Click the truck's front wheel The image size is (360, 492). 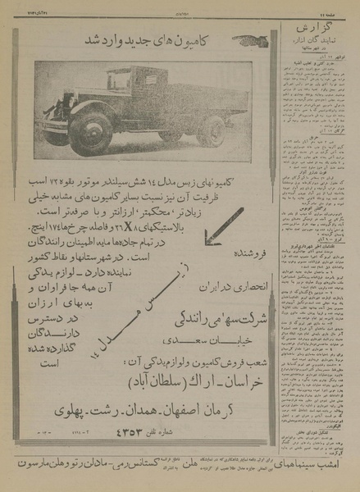tap(90, 132)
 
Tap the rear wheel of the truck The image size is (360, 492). tap(210, 131)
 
